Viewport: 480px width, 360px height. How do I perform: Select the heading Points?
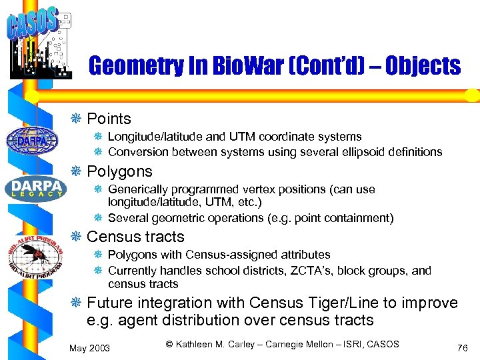[x=109, y=119]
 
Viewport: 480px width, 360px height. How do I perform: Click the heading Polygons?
[x=120, y=171]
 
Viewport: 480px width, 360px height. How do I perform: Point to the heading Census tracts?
[x=135, y=237]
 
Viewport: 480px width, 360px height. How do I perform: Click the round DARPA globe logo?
[x=31, y=140]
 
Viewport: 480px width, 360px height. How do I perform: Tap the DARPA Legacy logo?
[x=35, y=188]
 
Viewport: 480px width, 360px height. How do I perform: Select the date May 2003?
[x=90, y=347]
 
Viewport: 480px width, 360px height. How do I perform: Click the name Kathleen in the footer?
[x=198, y=344]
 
